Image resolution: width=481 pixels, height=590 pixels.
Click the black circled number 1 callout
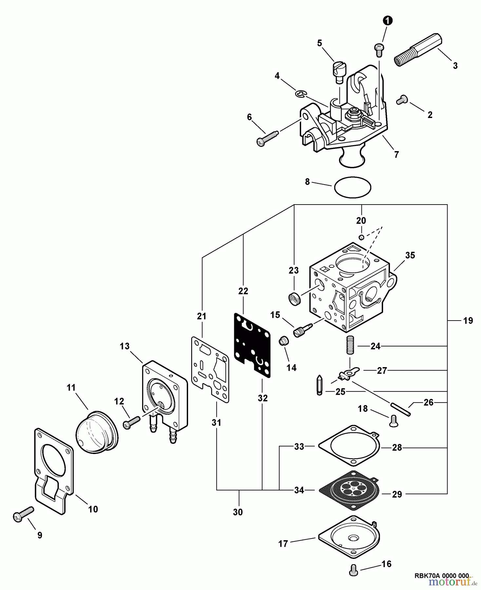388,21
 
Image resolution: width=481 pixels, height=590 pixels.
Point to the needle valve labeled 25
319,385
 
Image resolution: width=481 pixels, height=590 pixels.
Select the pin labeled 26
400,409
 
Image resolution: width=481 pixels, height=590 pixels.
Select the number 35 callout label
410,255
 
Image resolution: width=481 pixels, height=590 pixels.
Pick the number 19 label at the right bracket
468,321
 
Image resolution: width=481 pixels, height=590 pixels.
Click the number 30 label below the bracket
238,512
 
